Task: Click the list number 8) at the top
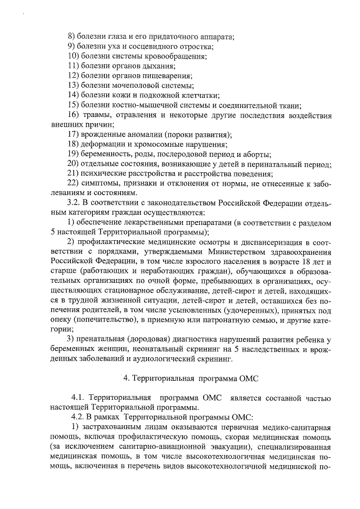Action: (x=71, y=36)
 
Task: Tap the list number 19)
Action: (x=73, y=155)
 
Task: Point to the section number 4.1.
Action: (x=79, y=397)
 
